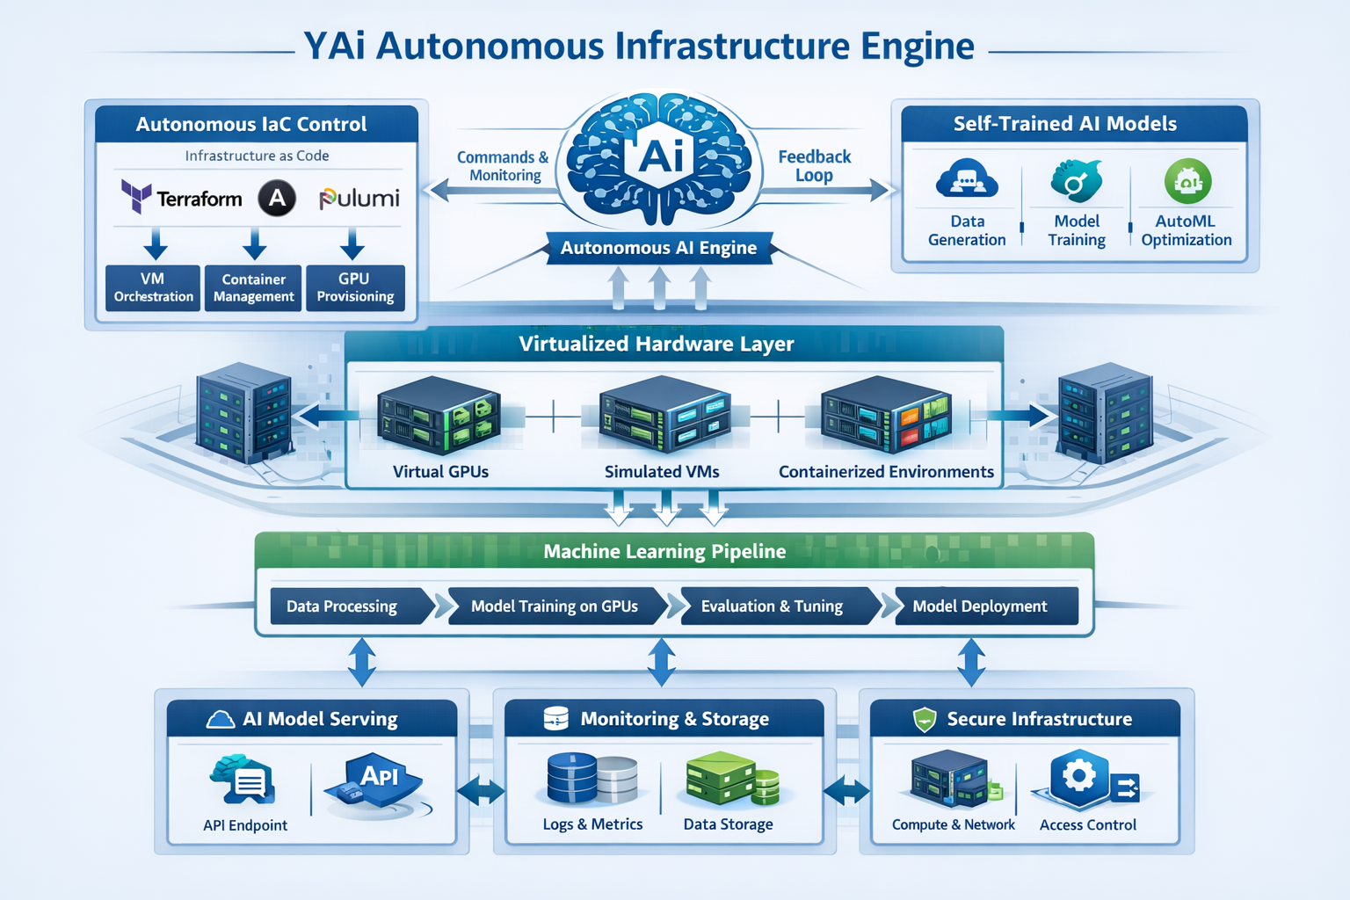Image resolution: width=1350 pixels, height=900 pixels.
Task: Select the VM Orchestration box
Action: tap(153, 287)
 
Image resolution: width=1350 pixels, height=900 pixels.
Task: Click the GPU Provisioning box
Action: tap(355, 287)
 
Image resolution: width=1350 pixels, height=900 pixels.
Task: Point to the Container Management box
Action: tap(253, 287)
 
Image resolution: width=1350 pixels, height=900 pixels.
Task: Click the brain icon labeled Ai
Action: tap(659, 158)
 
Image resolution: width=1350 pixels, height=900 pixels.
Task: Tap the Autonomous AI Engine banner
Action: tap(658, 248)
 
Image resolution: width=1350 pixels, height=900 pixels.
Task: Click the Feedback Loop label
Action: tap(814, 165)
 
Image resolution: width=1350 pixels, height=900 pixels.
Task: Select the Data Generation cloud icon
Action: tap(967, 180)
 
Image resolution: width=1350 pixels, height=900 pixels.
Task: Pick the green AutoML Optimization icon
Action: tap(1187, 181)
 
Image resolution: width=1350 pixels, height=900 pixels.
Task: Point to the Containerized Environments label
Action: tap(886, 472)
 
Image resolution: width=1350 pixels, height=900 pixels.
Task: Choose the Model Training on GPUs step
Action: tap(555, 606)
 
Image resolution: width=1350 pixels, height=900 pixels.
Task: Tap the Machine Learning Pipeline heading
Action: tap(664, 551)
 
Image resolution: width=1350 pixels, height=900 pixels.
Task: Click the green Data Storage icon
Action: tap(730, 779)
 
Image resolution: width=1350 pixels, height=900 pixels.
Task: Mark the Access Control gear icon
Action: tap(1080, 777)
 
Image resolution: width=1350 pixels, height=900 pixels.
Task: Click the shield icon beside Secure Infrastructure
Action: tap(925, 720)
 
